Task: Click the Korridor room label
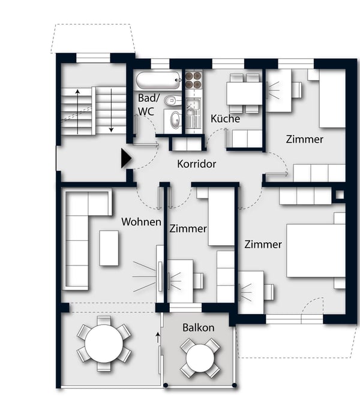pos(196,164)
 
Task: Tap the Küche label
pos(225,119)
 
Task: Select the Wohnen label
pos(141,222)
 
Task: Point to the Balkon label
pos(199,327)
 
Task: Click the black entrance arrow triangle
pos(126,158)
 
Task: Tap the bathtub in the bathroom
pos(158,80)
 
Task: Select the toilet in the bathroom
pos(172,101)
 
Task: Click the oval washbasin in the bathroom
pos(176,120)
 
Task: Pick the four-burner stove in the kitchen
pos(194,80)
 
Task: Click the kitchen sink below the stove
pos(194,106)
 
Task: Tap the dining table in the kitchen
pos(244,93)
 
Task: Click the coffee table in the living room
pos(109,248)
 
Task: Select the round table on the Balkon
pos(200,358)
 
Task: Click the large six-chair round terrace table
pos(104,343)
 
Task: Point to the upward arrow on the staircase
pos(77,111)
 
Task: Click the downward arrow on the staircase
pos(111,110)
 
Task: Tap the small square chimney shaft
pos(340,194)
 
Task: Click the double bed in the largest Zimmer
pos(316,251)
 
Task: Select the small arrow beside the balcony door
pos(158,337)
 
